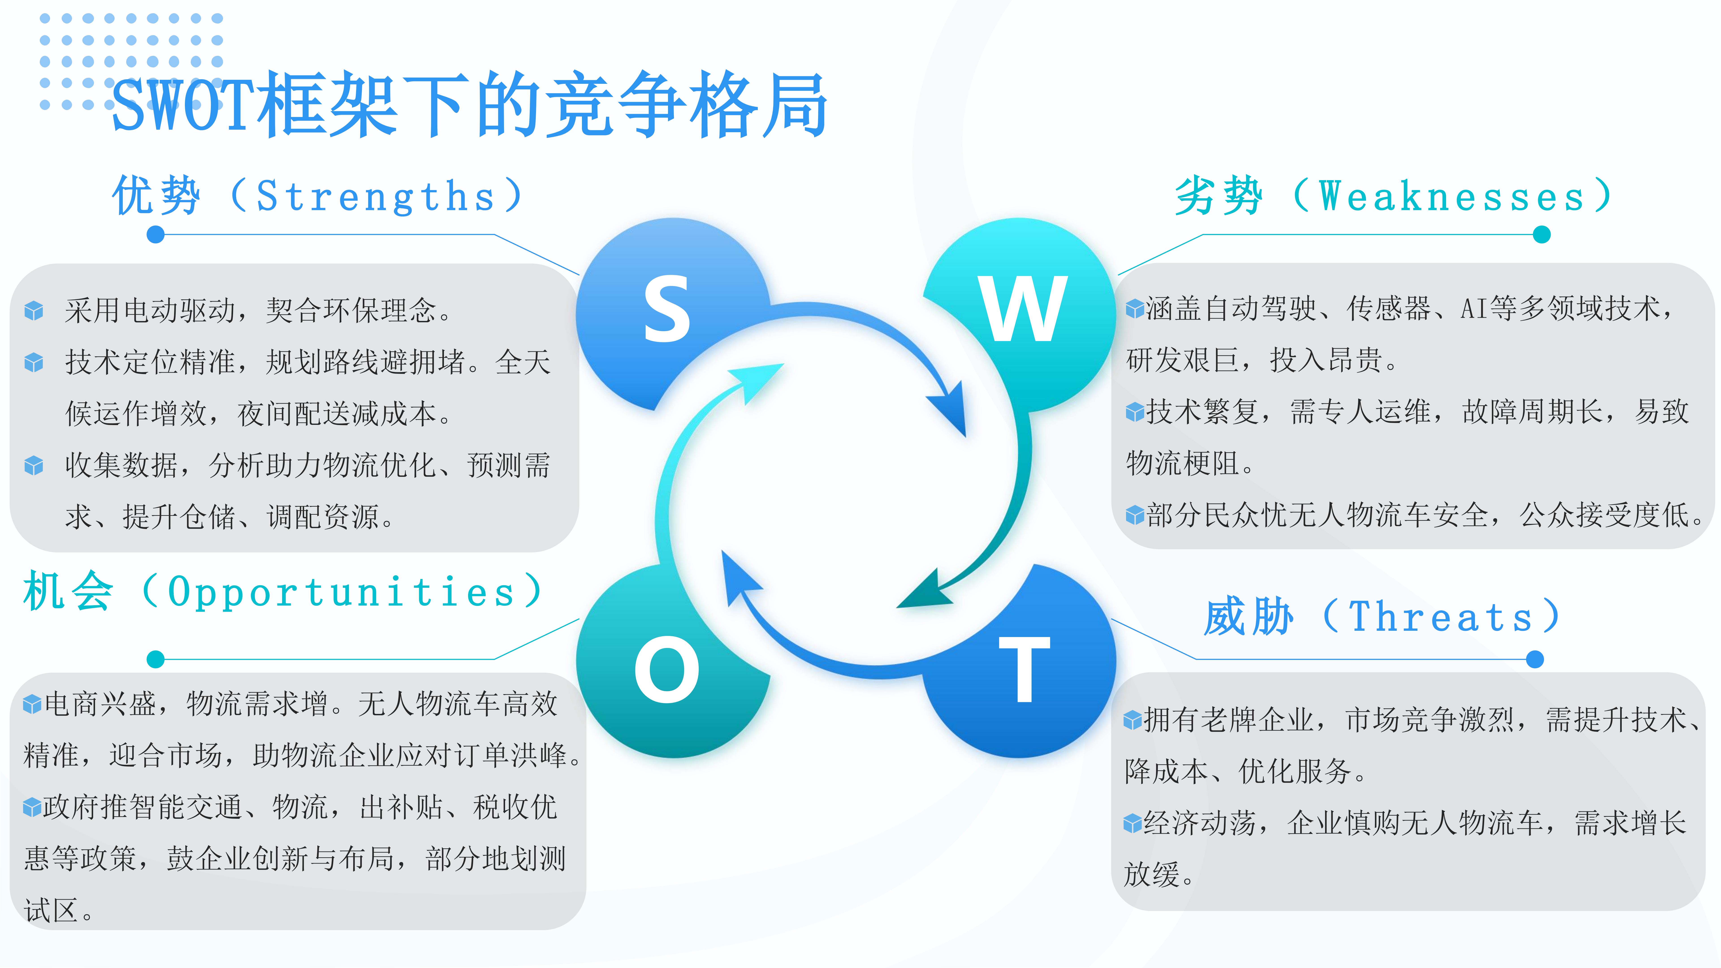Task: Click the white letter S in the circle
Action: pos(666,309)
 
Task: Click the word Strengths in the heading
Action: pos(376,197)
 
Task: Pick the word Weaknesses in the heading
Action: pos(1451,197)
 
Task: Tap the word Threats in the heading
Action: pos(1440,616)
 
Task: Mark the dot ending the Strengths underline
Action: pos(156,234)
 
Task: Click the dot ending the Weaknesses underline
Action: pos(1541,234)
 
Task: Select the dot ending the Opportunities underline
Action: pos(156,659)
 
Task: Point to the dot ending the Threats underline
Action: pos(1535,659)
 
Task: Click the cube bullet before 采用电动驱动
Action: pos(33,311)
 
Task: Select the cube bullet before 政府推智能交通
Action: pos(32,808)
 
